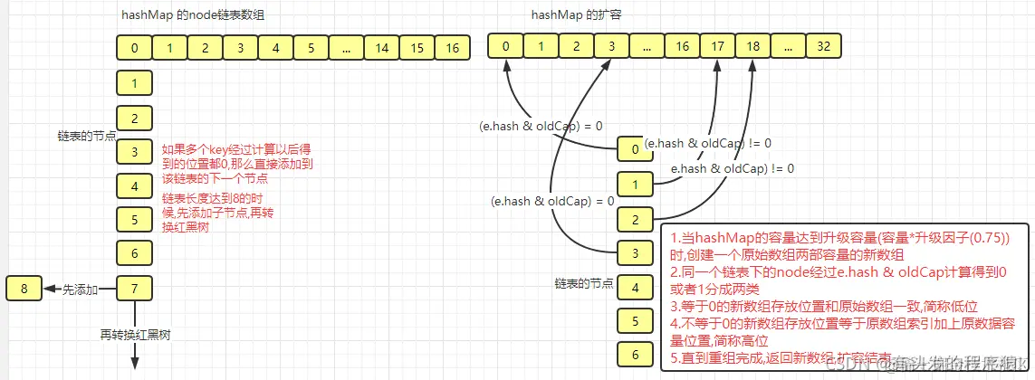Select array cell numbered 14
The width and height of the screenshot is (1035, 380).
tap(382, 47)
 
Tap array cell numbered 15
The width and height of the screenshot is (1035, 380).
tap(417, 47)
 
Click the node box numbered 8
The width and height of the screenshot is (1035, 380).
tap(24, 290)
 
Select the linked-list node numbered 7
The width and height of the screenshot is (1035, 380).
tap(134, 290)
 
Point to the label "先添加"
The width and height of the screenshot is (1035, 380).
tap(80, 290)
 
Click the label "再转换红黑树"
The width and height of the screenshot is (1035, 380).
tap(135, 335)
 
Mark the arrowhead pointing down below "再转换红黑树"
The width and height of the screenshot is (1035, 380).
tap(135, 361)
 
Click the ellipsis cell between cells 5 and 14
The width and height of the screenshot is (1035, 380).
tap(347, 47)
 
